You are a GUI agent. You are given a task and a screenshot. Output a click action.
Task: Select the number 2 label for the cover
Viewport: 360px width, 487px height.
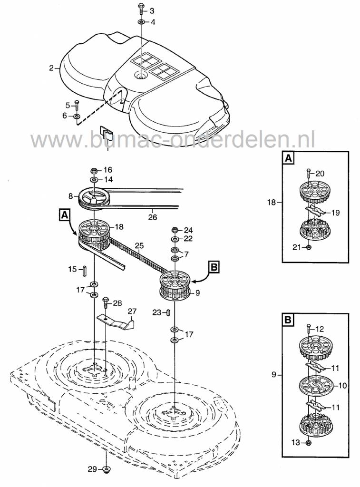point(51,68)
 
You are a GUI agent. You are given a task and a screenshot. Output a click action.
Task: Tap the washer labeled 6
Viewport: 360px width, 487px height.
point(77,116)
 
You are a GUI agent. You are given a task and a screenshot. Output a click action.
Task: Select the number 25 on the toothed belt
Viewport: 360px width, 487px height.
point(139,246)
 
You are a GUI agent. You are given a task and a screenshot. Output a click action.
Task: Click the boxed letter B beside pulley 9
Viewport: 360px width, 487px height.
point(214,267)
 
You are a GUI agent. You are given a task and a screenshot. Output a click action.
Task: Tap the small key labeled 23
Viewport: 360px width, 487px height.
point(168,312)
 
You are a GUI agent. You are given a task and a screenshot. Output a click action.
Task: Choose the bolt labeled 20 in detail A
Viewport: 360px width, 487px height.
point(308,173)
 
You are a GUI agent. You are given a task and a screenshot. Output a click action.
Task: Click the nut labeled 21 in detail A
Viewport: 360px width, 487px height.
point(308,247)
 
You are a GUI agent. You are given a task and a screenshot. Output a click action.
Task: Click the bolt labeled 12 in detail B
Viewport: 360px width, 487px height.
point(308,328)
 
